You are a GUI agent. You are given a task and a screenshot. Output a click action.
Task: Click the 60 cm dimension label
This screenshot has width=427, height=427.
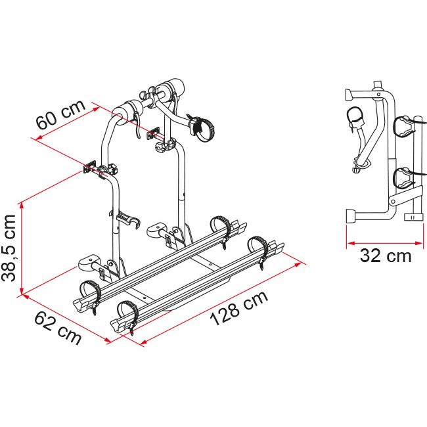click(x=60, y=114)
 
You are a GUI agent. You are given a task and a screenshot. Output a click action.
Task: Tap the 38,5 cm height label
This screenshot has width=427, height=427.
click(x=9, y=248)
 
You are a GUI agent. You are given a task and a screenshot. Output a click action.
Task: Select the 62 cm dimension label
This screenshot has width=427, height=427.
click(x=58, y=328)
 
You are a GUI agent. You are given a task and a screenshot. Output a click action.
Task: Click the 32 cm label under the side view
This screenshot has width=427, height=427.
click(x=386, y=256)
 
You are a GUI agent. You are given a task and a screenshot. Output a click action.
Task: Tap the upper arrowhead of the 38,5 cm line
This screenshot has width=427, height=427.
click(x=22, y=206)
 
